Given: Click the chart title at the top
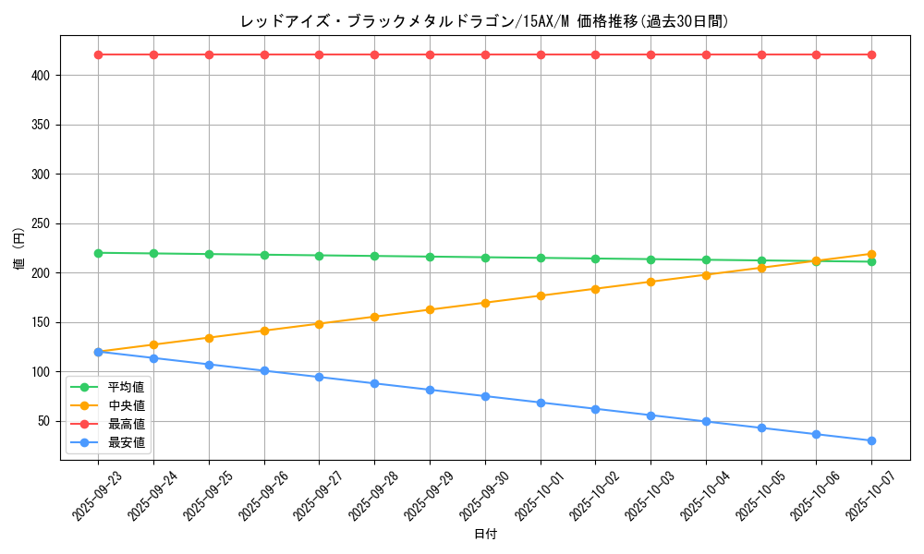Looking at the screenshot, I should coord(484,20).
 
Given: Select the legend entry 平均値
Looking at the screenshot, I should coord(126,387).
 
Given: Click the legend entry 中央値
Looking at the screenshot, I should coord(126,405).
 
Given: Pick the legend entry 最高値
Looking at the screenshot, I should coord(126,424).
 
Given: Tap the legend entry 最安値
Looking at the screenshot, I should coord(126,442).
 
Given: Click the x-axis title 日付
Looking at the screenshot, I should coord(485,535).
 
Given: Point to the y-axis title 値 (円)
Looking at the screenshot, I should coord(19,249).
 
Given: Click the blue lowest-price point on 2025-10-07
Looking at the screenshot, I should coord(871,440).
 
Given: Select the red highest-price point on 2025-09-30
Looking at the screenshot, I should coord(485,54).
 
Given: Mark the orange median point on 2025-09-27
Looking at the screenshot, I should coord(319,324).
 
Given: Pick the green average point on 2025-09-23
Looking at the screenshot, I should coord(98,253).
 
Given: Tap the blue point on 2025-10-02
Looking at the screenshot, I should coord(595,409).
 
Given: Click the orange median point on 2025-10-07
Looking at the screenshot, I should coord(871,254).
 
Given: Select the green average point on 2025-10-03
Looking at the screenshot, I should coord(650,259).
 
